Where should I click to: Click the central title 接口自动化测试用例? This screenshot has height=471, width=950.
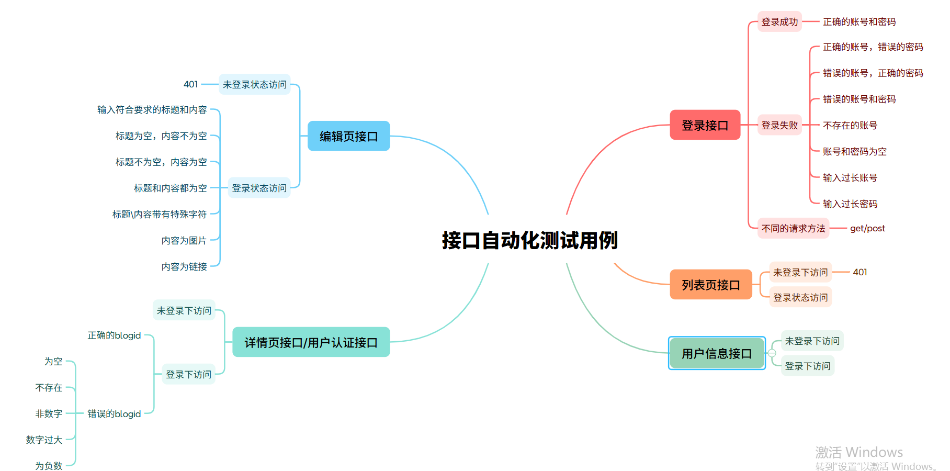point(529,240)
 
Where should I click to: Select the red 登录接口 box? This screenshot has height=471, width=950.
point(705,125)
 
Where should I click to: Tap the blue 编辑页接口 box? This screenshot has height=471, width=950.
point(348,136)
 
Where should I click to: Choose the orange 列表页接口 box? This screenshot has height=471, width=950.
point(710,285)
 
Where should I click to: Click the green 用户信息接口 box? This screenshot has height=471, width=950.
point(716,353)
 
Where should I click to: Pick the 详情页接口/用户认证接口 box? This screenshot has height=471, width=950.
point(311,342)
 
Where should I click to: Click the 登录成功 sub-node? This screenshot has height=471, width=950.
point(779,22)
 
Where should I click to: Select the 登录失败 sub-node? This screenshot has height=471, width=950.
point(779,125)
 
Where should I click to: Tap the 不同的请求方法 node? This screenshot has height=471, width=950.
point(793,228)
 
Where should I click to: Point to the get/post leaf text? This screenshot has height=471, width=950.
point(867,228)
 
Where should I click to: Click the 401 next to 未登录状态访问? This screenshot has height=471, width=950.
point(190,84)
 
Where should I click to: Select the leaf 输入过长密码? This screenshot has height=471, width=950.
point(850,204)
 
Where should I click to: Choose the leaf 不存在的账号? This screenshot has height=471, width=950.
point(850,125)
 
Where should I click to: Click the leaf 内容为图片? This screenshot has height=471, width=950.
point(184,240)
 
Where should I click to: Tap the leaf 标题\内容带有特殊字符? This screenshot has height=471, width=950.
point(160,214)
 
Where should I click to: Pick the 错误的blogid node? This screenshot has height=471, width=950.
point(114,413)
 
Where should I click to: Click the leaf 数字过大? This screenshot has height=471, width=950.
point(44,440)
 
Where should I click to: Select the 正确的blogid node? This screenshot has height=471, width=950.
point(114,335)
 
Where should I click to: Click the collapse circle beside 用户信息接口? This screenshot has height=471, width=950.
point(772,353)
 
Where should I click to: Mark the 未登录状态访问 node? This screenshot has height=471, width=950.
point(254,84)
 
